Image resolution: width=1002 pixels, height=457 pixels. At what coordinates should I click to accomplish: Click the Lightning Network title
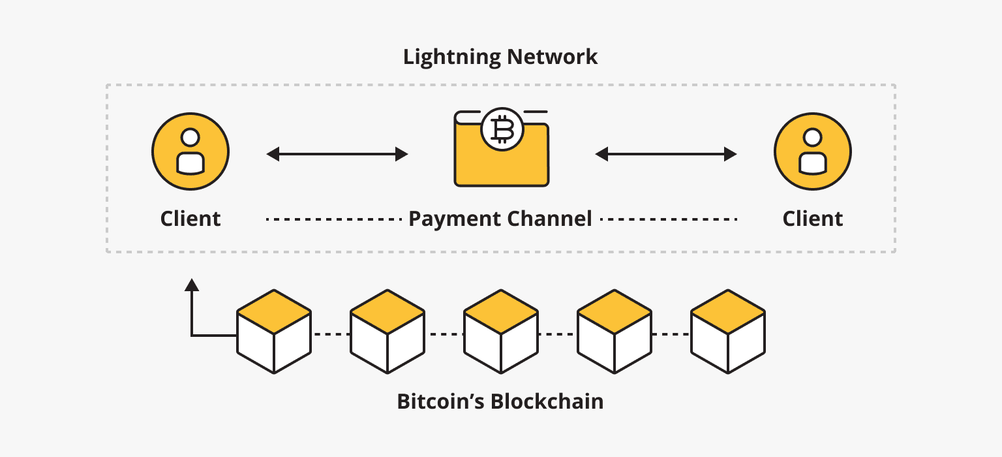pos(500,57)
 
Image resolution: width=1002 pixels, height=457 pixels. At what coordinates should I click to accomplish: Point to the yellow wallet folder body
pos(501,163)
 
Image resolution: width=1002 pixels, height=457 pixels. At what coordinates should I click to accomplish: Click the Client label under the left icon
pos(190,218)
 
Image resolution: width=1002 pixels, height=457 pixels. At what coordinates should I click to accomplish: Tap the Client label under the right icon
pos(812,218)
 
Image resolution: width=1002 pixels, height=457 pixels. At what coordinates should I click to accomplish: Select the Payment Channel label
pos(500,218)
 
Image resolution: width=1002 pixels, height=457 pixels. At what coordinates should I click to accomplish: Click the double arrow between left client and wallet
pos(337,155)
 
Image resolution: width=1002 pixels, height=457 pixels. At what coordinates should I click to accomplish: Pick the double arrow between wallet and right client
pos(665,155)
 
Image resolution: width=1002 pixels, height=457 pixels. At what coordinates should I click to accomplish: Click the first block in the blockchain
pos(274,332)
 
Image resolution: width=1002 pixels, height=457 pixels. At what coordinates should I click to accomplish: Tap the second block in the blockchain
pos(387,332)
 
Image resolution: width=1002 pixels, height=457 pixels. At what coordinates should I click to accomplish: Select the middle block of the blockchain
pos(501,332)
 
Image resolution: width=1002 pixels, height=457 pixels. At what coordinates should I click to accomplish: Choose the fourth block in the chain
pos(615,332)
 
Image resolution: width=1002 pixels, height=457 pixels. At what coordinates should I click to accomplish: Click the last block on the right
pos(728,332)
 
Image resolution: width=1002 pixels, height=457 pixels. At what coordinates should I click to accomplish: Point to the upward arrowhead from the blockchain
pos(191,284)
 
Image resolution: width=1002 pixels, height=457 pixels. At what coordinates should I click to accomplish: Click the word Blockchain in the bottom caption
pos(547,401)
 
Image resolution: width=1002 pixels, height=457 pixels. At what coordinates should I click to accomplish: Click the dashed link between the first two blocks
pos(331,334)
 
